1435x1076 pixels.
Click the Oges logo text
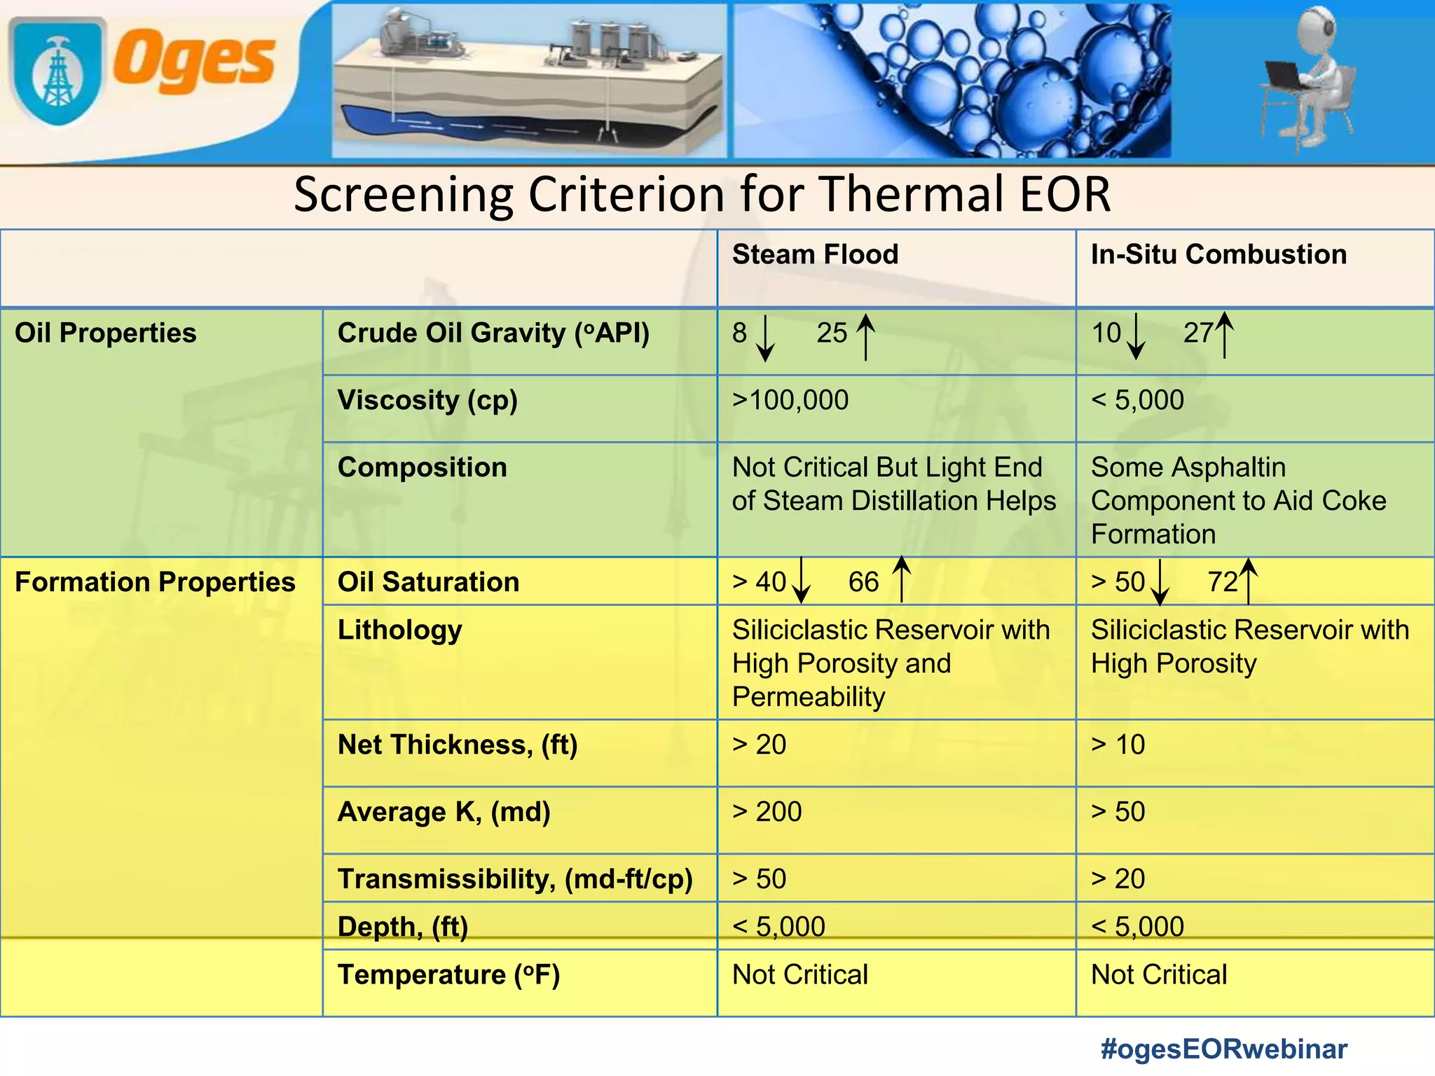[194, 62]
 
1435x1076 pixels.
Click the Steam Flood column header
[815, 254]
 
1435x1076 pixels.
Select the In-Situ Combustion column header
[1218, 254]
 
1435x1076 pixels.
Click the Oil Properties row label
[106, 333]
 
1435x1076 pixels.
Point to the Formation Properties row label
[155, 582]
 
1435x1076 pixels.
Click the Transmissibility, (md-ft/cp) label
[515, 879]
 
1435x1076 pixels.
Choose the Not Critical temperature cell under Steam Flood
[799, 975]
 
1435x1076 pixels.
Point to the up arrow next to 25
[866, 336]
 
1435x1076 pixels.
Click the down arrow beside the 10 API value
[1136, 338]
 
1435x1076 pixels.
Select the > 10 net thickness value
[1118, 745]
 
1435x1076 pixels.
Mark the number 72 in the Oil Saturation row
[1223, 582]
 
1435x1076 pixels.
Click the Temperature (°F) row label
[448, 975]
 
